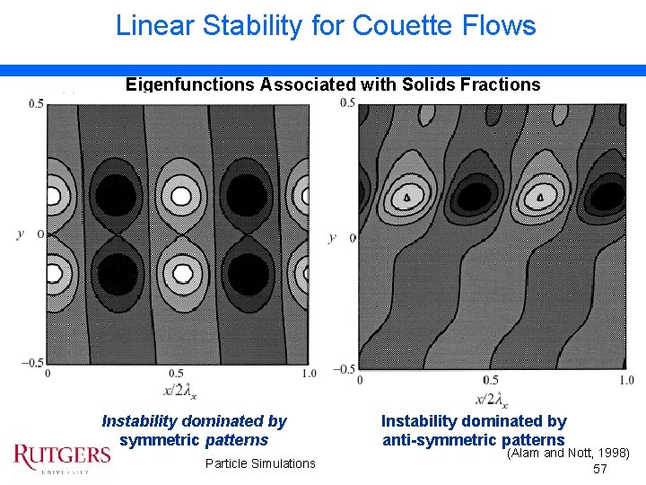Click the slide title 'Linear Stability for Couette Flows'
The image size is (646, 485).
click(x=326, y=25)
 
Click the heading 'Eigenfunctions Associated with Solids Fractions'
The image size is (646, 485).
click(x=333, y=84)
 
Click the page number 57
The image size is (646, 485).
click(x=600, y=470)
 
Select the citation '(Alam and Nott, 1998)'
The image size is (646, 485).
click(x=569, y=454)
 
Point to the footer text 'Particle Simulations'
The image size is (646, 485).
click(x=260, y=463)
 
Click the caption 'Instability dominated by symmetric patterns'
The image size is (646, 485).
click(x=194, y=430)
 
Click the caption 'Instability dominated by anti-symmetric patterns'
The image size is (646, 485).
click(x=474, y=430)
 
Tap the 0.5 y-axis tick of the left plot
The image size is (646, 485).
click(x=35, y=104)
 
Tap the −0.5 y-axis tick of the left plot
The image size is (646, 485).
click(x=32, y=362)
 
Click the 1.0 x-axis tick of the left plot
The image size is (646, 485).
click(x=308, y=373)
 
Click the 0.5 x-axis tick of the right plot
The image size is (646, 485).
click(x=490, y=380)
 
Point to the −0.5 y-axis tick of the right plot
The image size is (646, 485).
click(x=344, y=368)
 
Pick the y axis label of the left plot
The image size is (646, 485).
click(x=20, y=234)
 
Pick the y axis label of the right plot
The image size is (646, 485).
click(x=332, y=237)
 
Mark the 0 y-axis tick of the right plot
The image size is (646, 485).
click(x=352, y=237)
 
